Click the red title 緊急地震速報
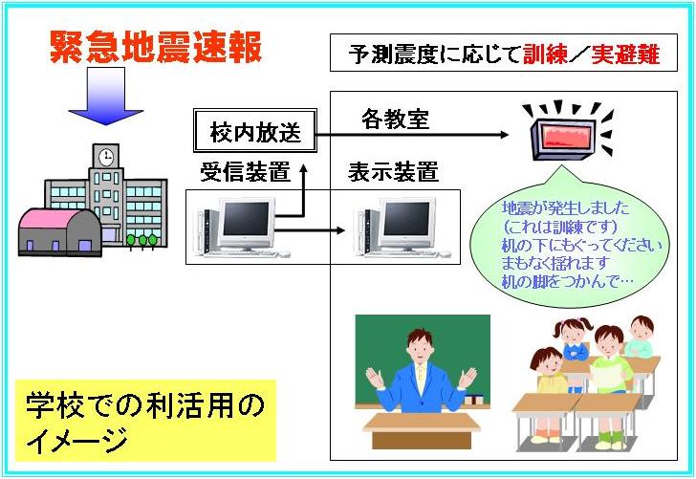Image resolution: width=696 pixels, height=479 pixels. pos(155,47)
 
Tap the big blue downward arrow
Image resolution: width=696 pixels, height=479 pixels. pos(105,96)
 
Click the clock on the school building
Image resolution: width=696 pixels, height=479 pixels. pos(105,157)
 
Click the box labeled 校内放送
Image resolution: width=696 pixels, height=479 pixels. pos(255,131)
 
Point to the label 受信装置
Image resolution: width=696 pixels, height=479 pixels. pos(245,172)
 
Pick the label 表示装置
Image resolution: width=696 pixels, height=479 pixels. pos(393,172)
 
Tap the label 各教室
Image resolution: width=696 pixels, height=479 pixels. pos(396,119)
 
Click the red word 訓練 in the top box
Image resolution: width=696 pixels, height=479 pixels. pos(545,54)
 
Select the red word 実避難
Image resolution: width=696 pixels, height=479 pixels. pos(625,54)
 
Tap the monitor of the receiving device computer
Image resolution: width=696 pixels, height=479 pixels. pos(246,220)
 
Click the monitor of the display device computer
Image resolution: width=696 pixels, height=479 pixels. pos(406,220)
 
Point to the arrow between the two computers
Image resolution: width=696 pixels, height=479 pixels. pos(310,230)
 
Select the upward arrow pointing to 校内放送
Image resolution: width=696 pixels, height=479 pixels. pos(304,190)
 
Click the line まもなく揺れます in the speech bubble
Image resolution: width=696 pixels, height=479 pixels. pos(554,264)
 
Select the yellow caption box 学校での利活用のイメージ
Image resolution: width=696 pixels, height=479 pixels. pos(145,421)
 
